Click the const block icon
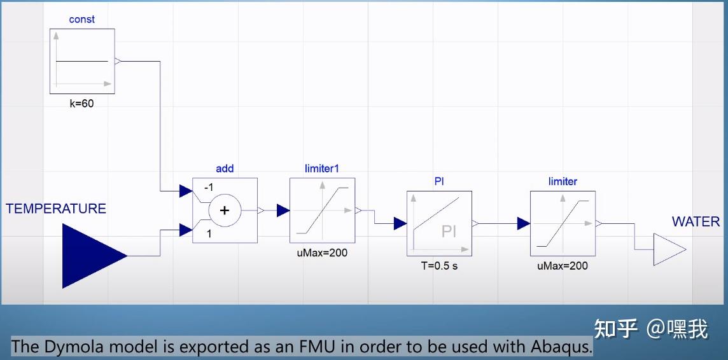(x=82, y=61)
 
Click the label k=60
(x=81, y=104)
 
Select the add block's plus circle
(x=225, y=211)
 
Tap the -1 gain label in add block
(x=209, y=188)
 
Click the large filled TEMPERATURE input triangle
(x=94, y=256)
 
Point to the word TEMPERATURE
(x=56, y=209)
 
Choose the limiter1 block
(x=322, y=210)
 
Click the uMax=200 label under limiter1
(x=322, y=253)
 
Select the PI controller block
(x=439, y=223)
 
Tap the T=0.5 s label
(x=439, y=267)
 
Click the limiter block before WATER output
(x=563, y=223)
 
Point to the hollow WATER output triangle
(x=669, y=249)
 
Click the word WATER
(x=696, y=222)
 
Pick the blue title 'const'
(x=81, y=20)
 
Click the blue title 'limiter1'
(x=322, y=169)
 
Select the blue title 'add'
(x=225, y=169)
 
